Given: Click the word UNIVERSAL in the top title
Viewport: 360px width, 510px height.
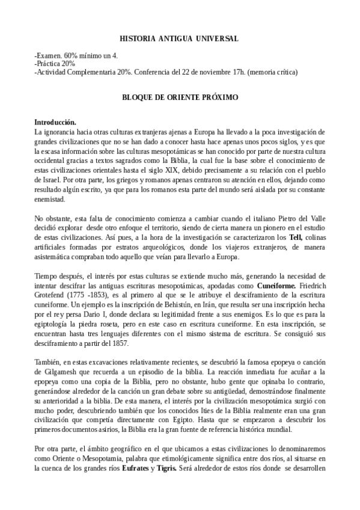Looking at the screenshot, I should [218, 38].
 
